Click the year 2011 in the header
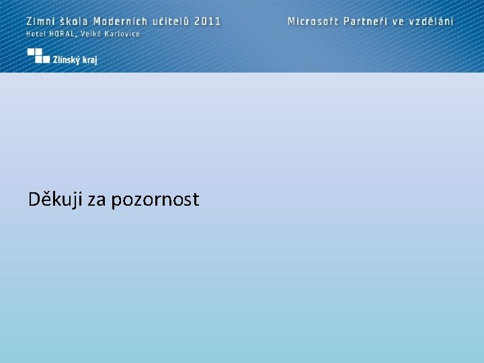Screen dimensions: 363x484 (208, 21)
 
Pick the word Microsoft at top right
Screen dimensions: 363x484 (313, 21)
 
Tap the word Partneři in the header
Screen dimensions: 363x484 (365, 21)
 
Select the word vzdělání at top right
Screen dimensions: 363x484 (432, 21)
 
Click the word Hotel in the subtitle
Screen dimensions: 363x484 (35, 34)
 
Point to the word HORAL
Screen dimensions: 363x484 (61, 34)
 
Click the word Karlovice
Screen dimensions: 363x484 (122, 34)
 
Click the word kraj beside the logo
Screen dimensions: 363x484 (91, 60)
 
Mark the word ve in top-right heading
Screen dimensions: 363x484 (399, 21)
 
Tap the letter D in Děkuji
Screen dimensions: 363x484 (35, 199)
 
